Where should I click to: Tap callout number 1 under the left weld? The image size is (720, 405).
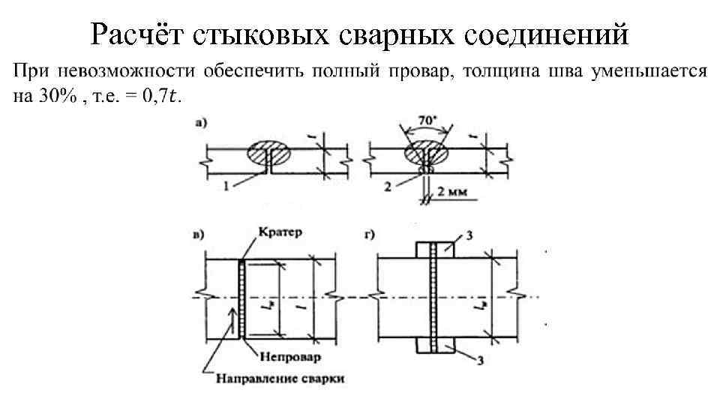click(227, 183)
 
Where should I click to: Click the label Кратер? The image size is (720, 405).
click(280, 232)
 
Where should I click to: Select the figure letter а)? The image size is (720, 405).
click(202, 127)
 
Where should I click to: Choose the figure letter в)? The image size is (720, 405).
click(199, 234)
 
